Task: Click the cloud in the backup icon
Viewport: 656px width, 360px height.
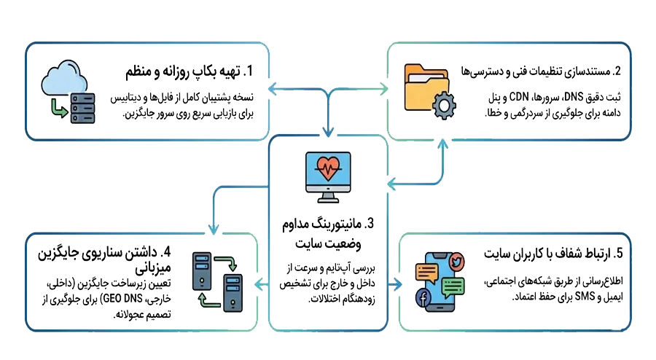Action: pos(64,78)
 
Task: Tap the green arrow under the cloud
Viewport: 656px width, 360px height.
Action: pos(59,109)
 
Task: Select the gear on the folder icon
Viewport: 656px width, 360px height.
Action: pos(444,106)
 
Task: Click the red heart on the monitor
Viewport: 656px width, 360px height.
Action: pos(328,168)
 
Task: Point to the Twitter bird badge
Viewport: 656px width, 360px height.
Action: pos(457,262)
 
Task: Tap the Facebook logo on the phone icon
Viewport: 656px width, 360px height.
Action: pos(423,299)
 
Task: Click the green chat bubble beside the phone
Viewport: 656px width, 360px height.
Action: pos(452,287)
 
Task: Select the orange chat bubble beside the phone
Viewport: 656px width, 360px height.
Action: pos(426,273)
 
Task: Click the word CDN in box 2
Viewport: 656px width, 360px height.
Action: pos(519,97)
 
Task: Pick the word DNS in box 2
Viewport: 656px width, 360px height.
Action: pos(574,97)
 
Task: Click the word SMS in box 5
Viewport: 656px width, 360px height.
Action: pos(585,297)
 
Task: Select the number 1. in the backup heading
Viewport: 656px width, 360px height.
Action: pos(248,71)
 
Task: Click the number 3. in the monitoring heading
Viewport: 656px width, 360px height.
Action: pos(369,224)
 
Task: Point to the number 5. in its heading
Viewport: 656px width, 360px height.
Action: pos(618,254)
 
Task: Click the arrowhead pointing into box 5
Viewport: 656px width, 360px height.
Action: pos(398,285)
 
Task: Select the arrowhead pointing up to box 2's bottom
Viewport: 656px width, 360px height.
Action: pos(442,144)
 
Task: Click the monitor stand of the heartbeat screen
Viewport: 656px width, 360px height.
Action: pos(328,197)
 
